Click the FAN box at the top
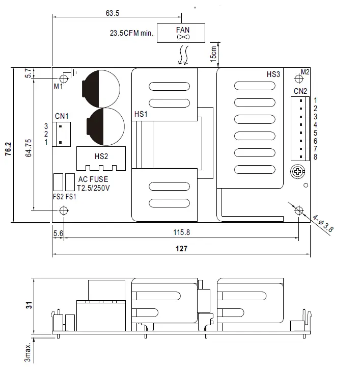182,33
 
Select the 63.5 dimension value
113,13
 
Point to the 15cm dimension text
214,53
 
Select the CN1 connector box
62,134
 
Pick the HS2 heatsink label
101,156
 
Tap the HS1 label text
141,114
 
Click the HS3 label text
273,74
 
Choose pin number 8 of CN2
315,157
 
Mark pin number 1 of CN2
315,100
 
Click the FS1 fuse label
70,197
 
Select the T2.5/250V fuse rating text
93,188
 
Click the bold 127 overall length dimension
181,249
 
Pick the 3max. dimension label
29,352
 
